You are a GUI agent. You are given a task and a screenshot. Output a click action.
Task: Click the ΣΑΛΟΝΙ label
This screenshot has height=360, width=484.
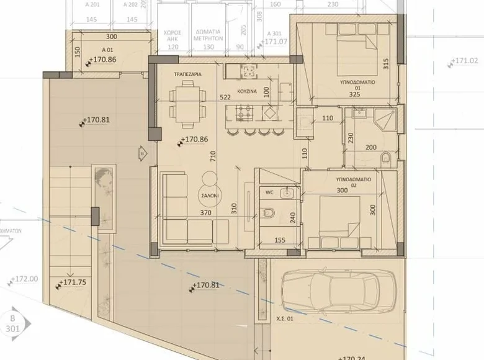(x=208, y=194)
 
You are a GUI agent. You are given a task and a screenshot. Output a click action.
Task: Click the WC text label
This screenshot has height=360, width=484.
(x=270, y=192)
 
